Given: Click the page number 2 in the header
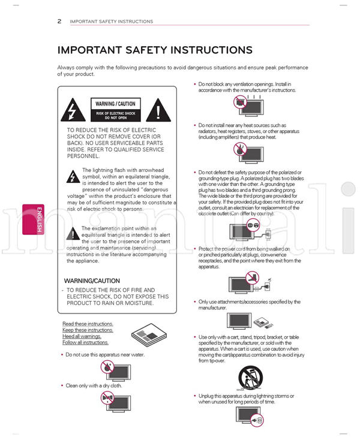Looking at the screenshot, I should pyautogui.click(x=59, y=22).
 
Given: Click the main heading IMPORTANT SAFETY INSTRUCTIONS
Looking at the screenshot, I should pyautogui.click(x=155, y=50).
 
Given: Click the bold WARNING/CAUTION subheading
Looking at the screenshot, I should pyautogui.click(x=92, y=281).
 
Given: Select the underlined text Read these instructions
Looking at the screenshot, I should pyautogui.click(x=88, y=324).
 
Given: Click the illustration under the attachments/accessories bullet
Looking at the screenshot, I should pyautogui.click(x=251, y=323).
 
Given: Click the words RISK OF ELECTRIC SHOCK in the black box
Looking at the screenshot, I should pyautogui.click(x=116, y=113).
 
